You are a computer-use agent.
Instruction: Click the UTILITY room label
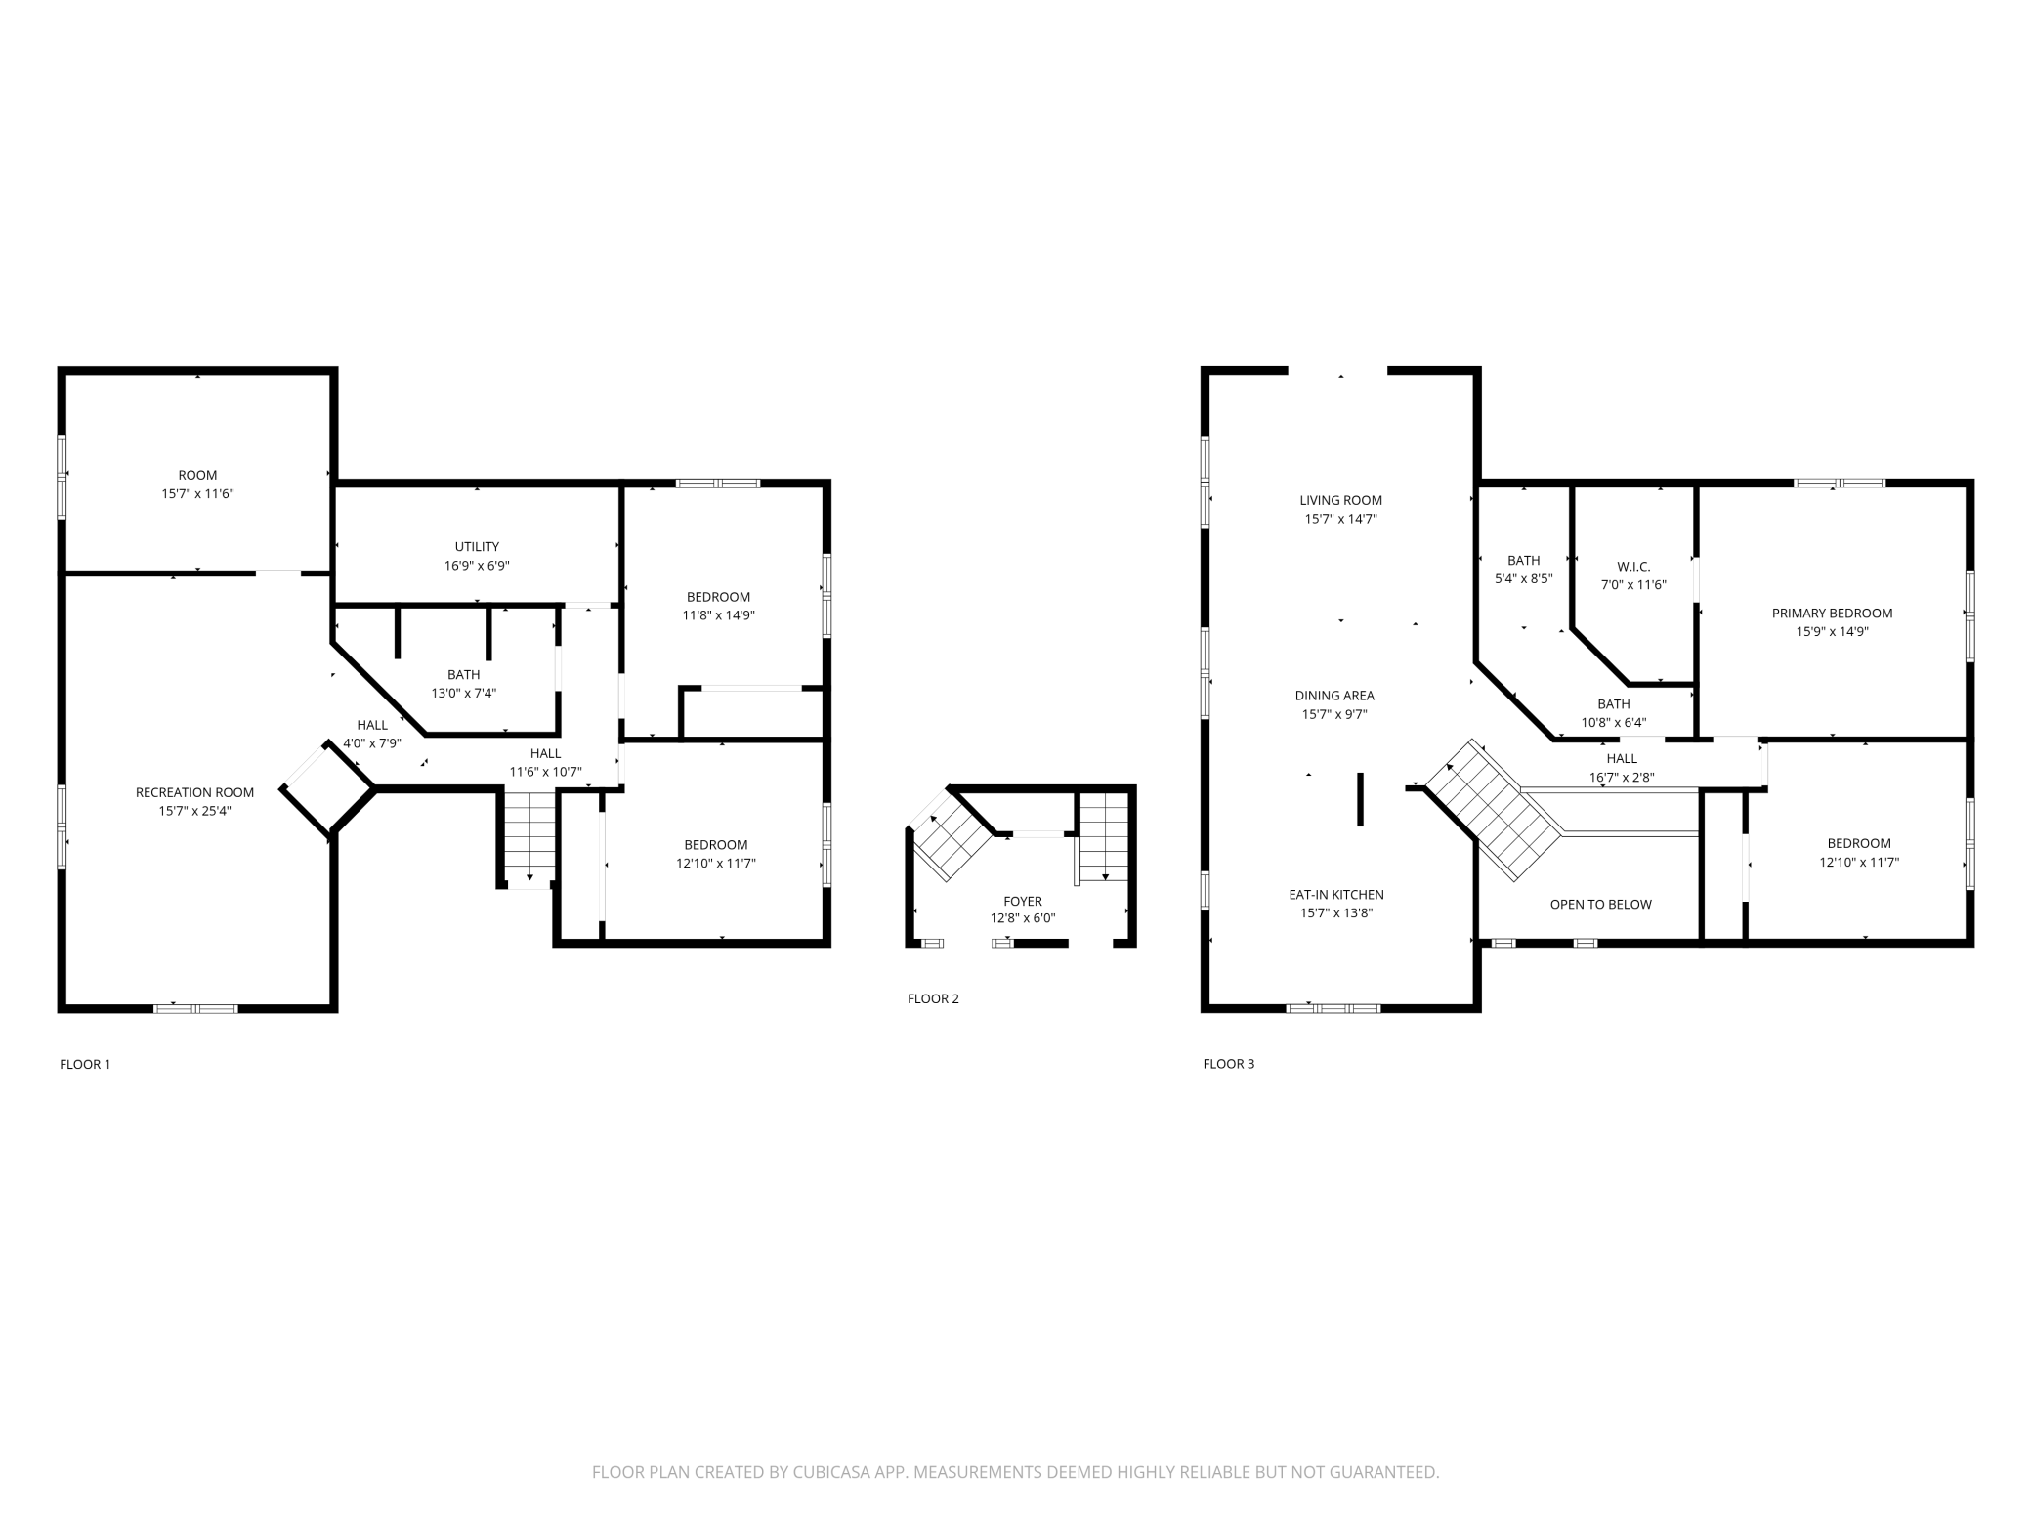(477, 547)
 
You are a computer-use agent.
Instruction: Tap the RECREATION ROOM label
(194, 792)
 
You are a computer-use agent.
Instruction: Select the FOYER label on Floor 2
(1023, 902)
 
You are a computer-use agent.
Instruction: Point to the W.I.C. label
(1633, 567)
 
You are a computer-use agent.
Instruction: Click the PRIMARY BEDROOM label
(1832, 614)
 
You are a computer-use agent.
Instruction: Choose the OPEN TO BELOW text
(1600, 905)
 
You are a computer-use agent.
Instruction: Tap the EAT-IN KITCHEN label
(1335, 895)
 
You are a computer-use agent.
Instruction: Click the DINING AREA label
(1334, 696)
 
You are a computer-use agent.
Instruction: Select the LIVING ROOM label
(1340, 501)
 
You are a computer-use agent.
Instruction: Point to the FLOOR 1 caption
(85, 1064)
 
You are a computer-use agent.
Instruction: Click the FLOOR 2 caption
(933, 998)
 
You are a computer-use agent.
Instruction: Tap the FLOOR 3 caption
(1228, 1064)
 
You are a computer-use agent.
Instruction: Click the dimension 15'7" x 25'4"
(194, 811)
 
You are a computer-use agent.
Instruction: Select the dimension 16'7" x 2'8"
(1622, 778)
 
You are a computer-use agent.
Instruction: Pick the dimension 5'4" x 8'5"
(1523, 578)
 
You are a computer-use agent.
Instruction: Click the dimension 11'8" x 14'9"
(718, 615)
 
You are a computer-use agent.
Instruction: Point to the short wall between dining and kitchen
(1360, 800)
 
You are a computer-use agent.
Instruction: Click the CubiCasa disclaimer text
(1015, 1472)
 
